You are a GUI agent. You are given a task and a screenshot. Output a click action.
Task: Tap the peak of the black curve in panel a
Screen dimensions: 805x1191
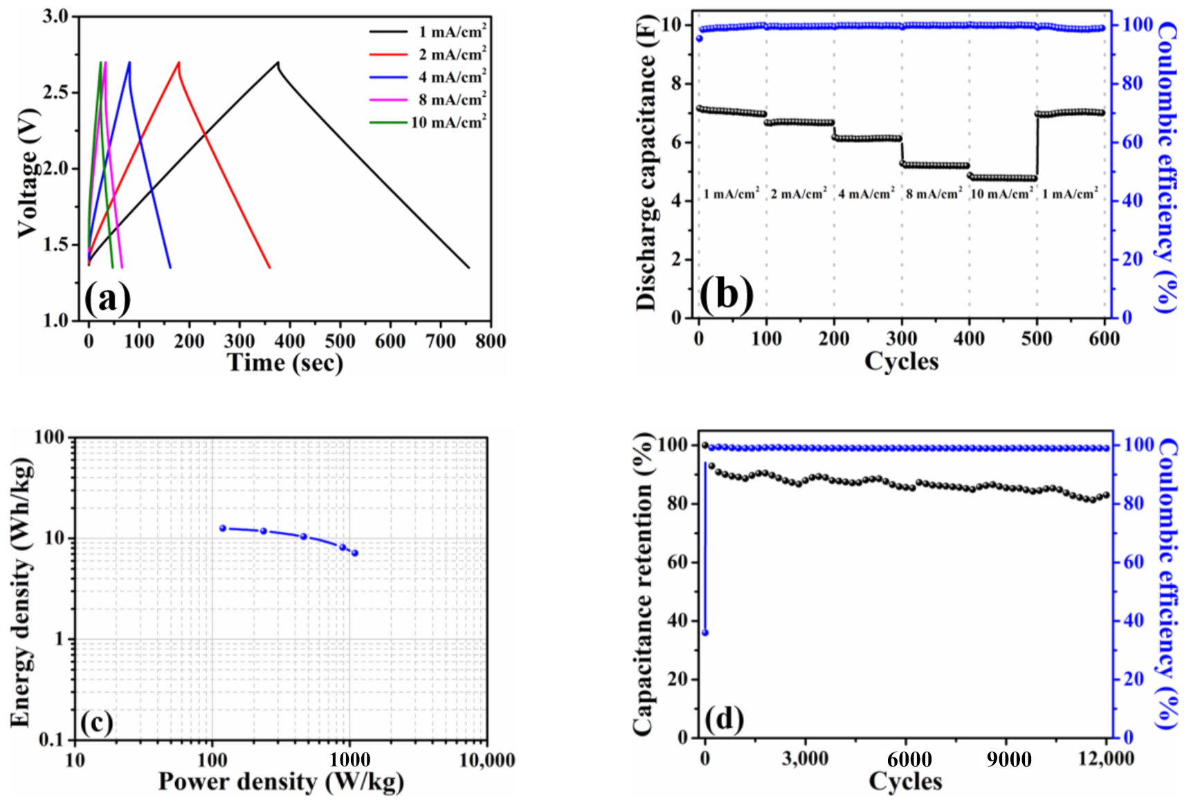point(278,63)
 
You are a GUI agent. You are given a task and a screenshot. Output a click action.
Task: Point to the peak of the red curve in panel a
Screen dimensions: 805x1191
point(179,63)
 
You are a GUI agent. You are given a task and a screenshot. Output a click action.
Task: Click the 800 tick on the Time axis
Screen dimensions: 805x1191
point(490,341)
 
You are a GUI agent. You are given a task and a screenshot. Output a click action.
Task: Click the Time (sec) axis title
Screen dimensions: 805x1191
point(285,363)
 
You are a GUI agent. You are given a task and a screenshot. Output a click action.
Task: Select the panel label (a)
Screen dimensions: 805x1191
point(107,299)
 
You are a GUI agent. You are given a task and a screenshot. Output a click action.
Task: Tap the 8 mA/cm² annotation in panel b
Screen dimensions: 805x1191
point(934,194)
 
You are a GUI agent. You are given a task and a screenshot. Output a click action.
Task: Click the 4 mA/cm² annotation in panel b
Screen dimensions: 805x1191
point(866,194)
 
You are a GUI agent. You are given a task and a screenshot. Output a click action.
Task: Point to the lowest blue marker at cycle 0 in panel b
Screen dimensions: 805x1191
point(699,38)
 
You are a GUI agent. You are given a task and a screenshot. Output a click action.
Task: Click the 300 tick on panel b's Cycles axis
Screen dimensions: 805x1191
point(902,339)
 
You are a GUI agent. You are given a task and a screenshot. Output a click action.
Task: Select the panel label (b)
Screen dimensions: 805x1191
point(726,294)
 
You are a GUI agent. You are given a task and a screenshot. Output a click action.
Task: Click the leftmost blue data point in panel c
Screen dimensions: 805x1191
point(223,528)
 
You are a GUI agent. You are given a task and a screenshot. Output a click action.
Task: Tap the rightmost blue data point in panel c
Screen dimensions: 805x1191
point(355,553)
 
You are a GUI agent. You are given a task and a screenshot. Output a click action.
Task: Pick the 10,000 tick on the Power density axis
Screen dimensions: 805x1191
point(487,761)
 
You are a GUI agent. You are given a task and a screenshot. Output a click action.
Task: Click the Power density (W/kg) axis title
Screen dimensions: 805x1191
point(281,782)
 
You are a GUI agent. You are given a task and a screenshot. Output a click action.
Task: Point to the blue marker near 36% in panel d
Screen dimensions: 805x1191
point(705,633)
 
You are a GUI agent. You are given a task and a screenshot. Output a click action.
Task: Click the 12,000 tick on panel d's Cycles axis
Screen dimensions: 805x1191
point(1106,759)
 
